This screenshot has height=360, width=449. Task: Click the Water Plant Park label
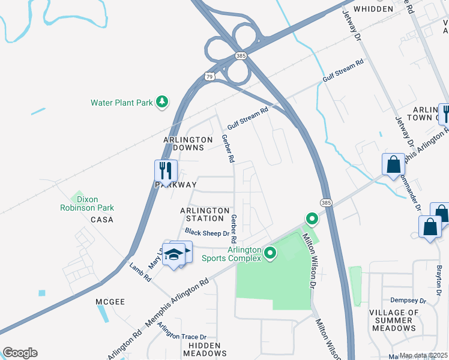[122, 103]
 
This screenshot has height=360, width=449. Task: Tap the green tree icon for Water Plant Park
[161, 103]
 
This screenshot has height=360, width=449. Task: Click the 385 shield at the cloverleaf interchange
[241, 56]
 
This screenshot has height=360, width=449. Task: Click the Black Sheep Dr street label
[207, 232]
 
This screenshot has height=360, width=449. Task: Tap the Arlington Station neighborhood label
[205, 214]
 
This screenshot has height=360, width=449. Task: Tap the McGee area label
[110, 302]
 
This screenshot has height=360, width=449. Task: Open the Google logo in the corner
[20, 353]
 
